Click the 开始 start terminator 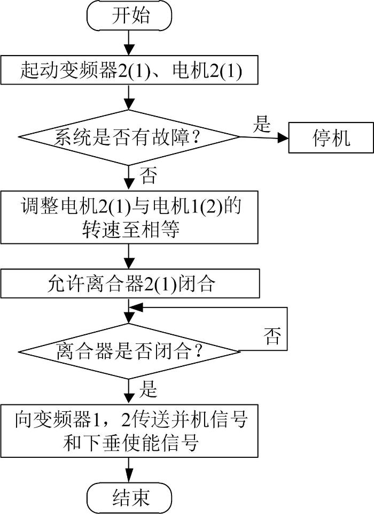pos(129,16)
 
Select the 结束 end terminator pos(129,498)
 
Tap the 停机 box pos(331,137)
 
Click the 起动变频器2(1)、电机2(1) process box pos(129,70)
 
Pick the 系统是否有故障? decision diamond pos(129,137)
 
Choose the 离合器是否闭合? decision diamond pos(129,351)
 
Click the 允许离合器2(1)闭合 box pos(130,283)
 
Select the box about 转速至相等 pos(129,217)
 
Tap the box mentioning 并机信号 pos(129,431)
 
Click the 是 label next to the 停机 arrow pos(262,124)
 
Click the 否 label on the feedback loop pos(272,336)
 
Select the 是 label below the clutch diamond pos(148,389)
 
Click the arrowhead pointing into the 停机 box pos(283,138)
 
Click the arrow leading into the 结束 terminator pos(129,470)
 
